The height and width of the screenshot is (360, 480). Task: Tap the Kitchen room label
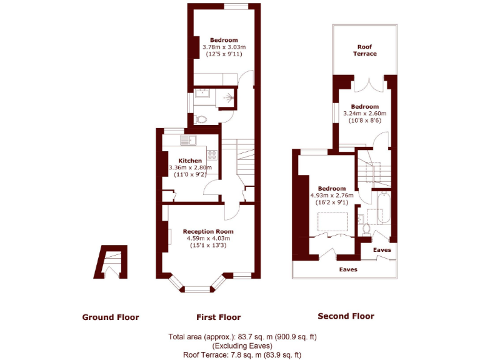click(190, 161)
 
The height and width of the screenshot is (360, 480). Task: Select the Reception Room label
click(208, 231)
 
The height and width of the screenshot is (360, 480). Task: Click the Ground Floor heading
click(111, 317)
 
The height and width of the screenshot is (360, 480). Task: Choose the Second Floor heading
click(346, 316)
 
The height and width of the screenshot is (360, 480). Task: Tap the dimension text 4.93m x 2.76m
click(332, 195)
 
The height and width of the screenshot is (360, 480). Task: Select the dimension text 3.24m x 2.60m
click(365, 113)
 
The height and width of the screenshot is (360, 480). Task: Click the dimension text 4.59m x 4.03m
click(208, 238)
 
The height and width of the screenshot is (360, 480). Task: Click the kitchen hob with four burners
click(212, 154)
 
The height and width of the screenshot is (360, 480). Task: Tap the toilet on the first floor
click(201, 119)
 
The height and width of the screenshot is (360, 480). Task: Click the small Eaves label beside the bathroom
click(382, 249)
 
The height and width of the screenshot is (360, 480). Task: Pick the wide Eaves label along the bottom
click(348, 269)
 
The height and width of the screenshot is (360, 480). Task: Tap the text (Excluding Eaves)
click(242, 346)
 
